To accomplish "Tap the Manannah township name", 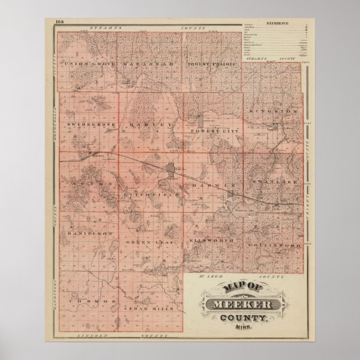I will (x=149, y=64).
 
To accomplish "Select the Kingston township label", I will (x=274, y=112).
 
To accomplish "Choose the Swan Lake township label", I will (x=274, y=182).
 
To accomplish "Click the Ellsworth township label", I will (x=211, y=241).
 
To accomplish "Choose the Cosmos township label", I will (x=89, y=301).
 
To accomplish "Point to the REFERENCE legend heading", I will (x=277, y=23).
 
